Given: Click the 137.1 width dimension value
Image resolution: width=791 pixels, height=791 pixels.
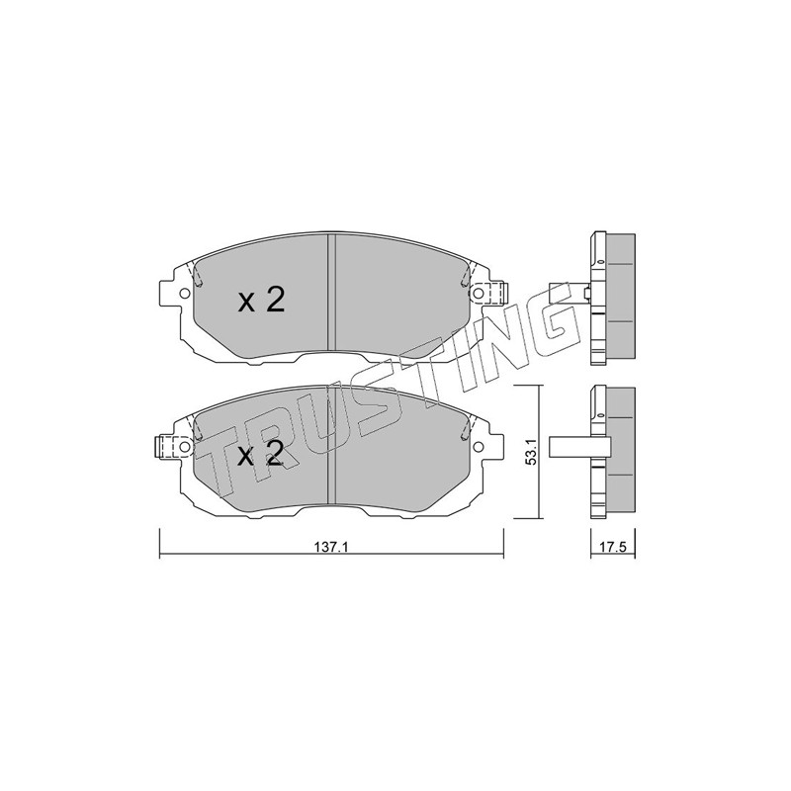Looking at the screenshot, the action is coord(331,547).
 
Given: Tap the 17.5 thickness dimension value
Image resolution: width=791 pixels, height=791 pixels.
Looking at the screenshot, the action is coord(613,547).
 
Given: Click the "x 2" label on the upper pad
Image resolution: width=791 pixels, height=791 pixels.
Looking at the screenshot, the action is coord(261,302).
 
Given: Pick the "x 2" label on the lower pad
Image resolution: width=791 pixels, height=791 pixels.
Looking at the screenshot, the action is coord(260,456).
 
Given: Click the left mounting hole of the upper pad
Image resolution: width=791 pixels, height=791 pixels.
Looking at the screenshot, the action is coord(184,293).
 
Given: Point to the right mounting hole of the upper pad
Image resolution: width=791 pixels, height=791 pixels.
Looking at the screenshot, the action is coord(477,293).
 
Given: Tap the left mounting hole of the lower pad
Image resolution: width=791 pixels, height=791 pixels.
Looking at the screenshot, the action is coord(184,447).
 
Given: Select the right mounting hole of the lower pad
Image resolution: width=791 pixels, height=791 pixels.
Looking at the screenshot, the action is coord(478,447).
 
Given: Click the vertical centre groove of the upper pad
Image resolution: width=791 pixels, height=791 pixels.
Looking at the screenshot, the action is coord(331,292).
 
